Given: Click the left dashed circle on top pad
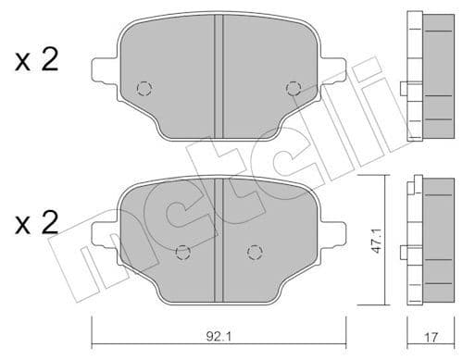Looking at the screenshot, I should (x=143, y=89).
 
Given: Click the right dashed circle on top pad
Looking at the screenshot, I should (x=294, y=89).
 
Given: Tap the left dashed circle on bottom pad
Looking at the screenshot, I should (x=182, y=250).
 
